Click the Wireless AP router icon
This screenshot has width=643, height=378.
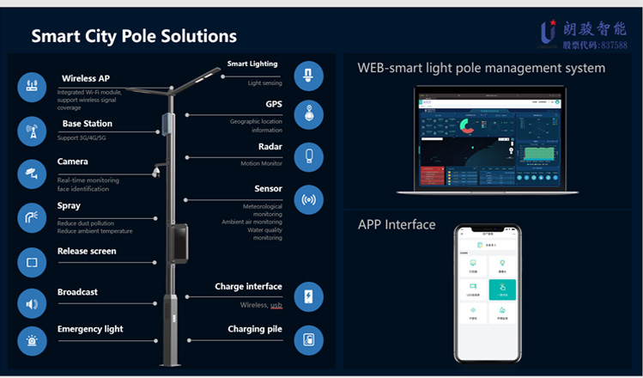pos(32,87)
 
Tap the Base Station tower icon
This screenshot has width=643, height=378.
pos(32,131)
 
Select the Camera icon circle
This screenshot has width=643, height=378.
pos(32,173)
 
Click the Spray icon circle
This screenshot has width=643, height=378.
pos(32,216)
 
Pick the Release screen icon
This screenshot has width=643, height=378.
pos(32,261)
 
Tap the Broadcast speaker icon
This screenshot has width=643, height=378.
pos(32,303)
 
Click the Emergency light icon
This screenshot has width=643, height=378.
pos(32,340)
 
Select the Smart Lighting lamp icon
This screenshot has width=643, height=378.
pos(308,76)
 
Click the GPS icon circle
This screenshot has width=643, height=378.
pos(308,115)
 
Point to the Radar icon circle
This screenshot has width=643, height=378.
pos(308,156)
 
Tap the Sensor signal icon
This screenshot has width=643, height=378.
pos(308,199)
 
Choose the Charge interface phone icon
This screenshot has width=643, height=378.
pos(308,296)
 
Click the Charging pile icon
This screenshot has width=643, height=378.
pos(308,339)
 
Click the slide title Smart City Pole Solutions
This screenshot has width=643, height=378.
pos(134,36)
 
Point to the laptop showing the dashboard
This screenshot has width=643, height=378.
pos(490,142)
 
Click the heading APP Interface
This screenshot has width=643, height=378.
pos(397,225)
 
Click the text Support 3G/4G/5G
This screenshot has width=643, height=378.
pos(86,137)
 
